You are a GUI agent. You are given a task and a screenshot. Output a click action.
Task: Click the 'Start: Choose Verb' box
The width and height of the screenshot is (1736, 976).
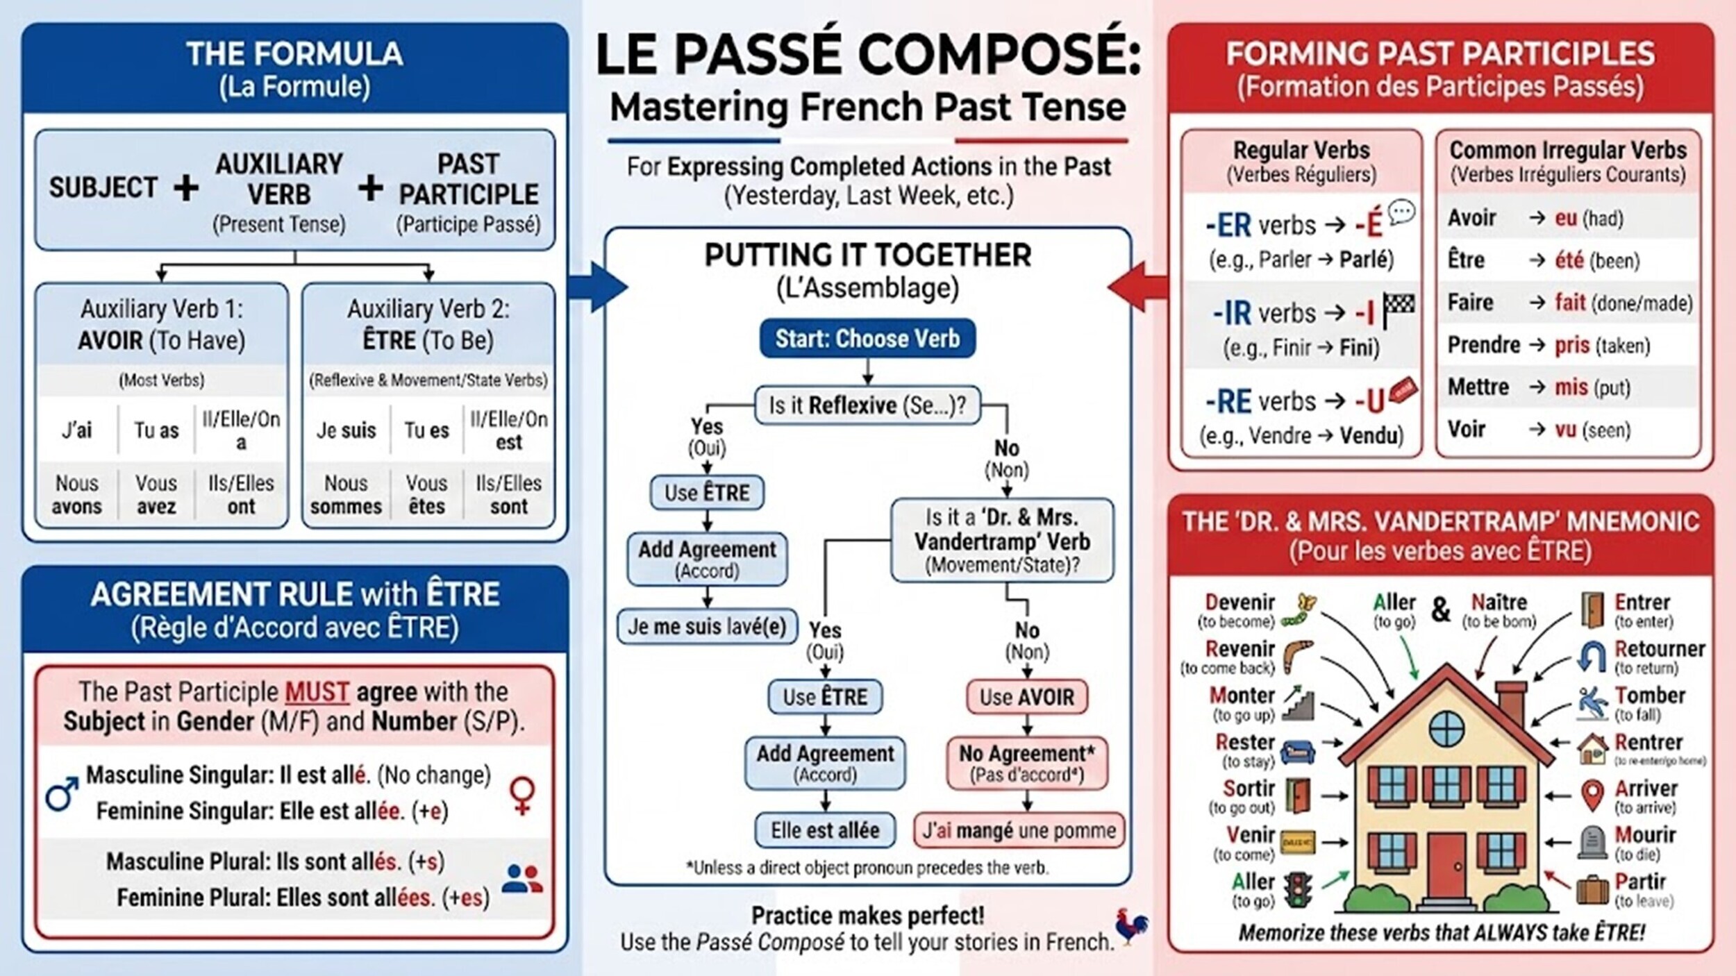867,339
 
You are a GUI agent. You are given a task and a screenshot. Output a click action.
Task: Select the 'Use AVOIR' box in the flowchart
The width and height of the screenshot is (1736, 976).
1026,696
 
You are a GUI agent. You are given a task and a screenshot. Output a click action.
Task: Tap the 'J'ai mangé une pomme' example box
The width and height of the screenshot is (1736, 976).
1019,830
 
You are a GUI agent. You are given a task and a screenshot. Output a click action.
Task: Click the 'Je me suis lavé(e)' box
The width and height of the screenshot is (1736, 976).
707,627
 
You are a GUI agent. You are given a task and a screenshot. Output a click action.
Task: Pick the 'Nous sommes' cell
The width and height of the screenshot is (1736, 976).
346,494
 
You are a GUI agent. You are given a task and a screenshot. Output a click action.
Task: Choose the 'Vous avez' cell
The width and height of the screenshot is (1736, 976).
156,494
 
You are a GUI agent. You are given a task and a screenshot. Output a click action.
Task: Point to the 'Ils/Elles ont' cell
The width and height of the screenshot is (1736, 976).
241,494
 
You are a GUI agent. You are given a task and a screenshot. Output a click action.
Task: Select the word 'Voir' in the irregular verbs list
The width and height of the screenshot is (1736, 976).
1466,429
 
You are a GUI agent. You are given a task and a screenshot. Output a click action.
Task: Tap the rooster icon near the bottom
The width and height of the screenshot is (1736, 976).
1132,927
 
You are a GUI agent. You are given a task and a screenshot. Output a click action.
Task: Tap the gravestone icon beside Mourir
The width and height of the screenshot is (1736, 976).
1592,843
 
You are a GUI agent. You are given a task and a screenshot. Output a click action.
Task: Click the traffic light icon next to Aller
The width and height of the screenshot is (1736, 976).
1296,889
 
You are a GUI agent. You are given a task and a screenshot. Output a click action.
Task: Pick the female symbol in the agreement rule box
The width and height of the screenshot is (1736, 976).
522,795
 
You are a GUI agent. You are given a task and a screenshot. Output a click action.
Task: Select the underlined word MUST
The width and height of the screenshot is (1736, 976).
317,692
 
